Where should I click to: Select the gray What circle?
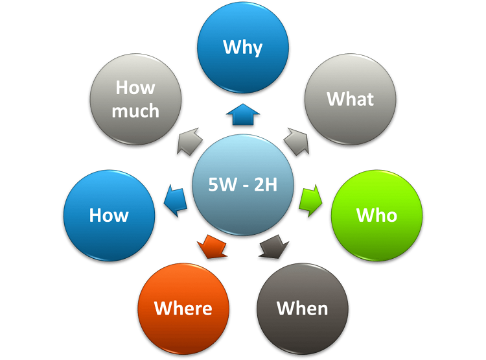click(x=350, y=99)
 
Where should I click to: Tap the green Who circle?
click(x=376, y=215)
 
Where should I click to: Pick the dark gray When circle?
click(x=303, y=307)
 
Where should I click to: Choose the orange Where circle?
click(x=183, y=307)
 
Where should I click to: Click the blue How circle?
click(x=109, y=215)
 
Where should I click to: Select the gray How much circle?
click(x=135, y=99)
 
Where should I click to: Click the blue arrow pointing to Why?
click(x=242, y=114)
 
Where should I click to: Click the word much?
click(x=135, y=111)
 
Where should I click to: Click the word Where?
click(x=183, y=307)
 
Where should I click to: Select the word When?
click(x=303, y=307)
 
